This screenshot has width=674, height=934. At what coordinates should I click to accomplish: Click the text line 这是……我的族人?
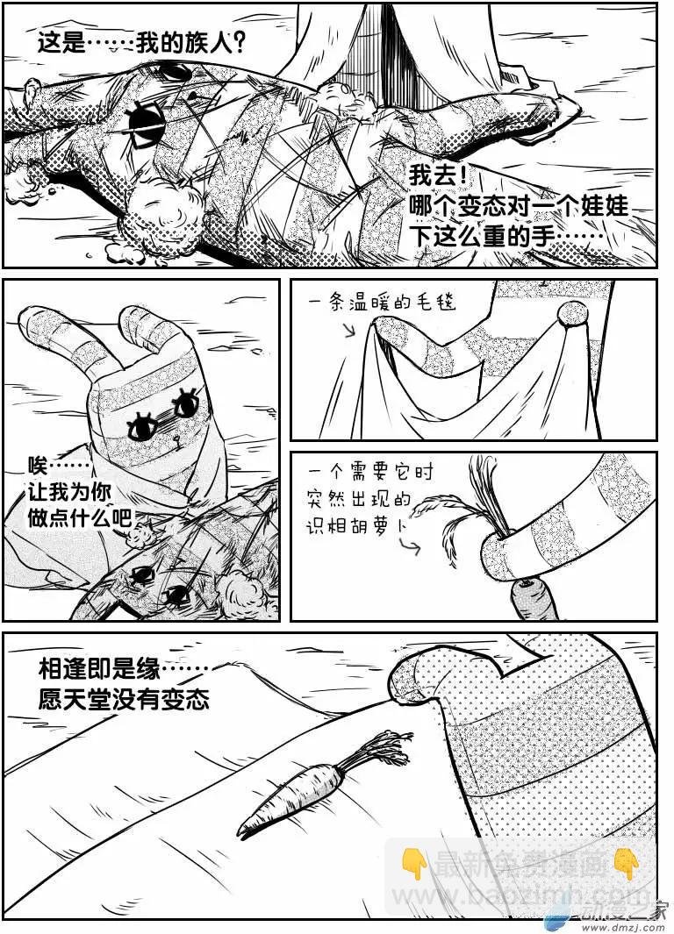point(140,44)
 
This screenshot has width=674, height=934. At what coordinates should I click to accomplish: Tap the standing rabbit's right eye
point(185,403)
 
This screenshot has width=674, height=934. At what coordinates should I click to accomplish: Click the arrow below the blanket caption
point(348,332)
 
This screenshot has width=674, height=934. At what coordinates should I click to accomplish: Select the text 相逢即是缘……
point(123,669)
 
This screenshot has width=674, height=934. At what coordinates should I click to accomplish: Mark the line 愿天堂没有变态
point(123,701)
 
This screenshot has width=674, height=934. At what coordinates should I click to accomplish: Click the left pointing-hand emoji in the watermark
point(415,863)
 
